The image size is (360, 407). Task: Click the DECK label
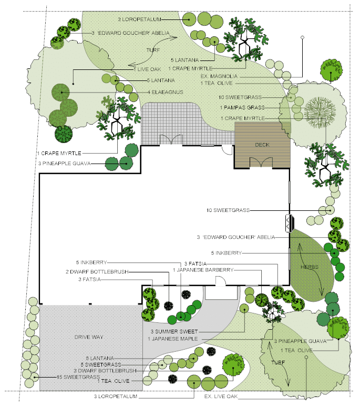point(262,145)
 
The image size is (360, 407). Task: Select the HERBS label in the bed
point(310,267)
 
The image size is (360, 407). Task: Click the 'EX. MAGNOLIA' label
point(219,76)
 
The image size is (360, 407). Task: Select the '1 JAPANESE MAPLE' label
point(172,339)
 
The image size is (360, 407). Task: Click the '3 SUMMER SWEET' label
point(174,331)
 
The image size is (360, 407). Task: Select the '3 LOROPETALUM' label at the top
point(139,19)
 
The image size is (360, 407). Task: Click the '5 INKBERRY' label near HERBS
point(226,253)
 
